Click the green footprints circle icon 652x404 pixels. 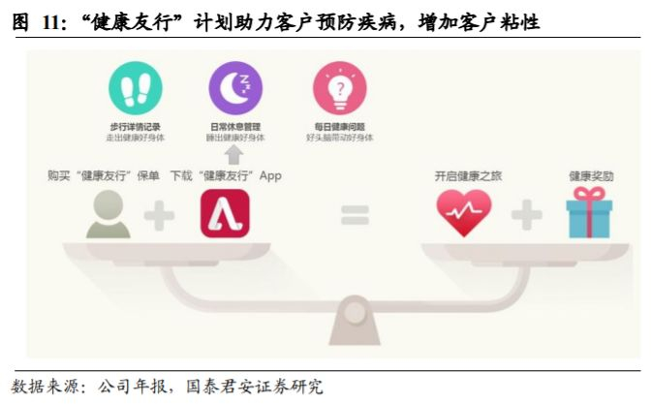point(135,88)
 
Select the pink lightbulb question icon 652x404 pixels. point(339,88)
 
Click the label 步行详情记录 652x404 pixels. point(135,127)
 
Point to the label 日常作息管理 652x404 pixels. point(235,127)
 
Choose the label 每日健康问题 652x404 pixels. point(339,127)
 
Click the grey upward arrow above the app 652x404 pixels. point(233,155)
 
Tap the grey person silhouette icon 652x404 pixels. point(108,214)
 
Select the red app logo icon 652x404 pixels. point(225,214)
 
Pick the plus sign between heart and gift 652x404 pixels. point(527,215)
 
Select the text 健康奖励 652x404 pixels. point(591,177)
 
